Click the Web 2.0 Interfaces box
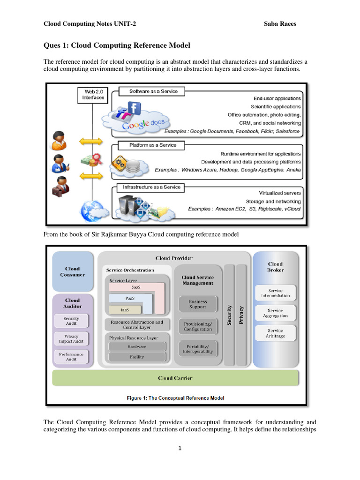(93, 94)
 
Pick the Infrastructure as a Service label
(151, 187)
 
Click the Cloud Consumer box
(72, 272)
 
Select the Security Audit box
(71, 321)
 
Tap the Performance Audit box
(71, 356)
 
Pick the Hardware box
(137, 346)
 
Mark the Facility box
(137, 357)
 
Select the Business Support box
(197, 304)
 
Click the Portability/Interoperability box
(197, 348)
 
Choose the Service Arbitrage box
(275, 333)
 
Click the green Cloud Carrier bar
(175, 378)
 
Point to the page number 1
(180, 448)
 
